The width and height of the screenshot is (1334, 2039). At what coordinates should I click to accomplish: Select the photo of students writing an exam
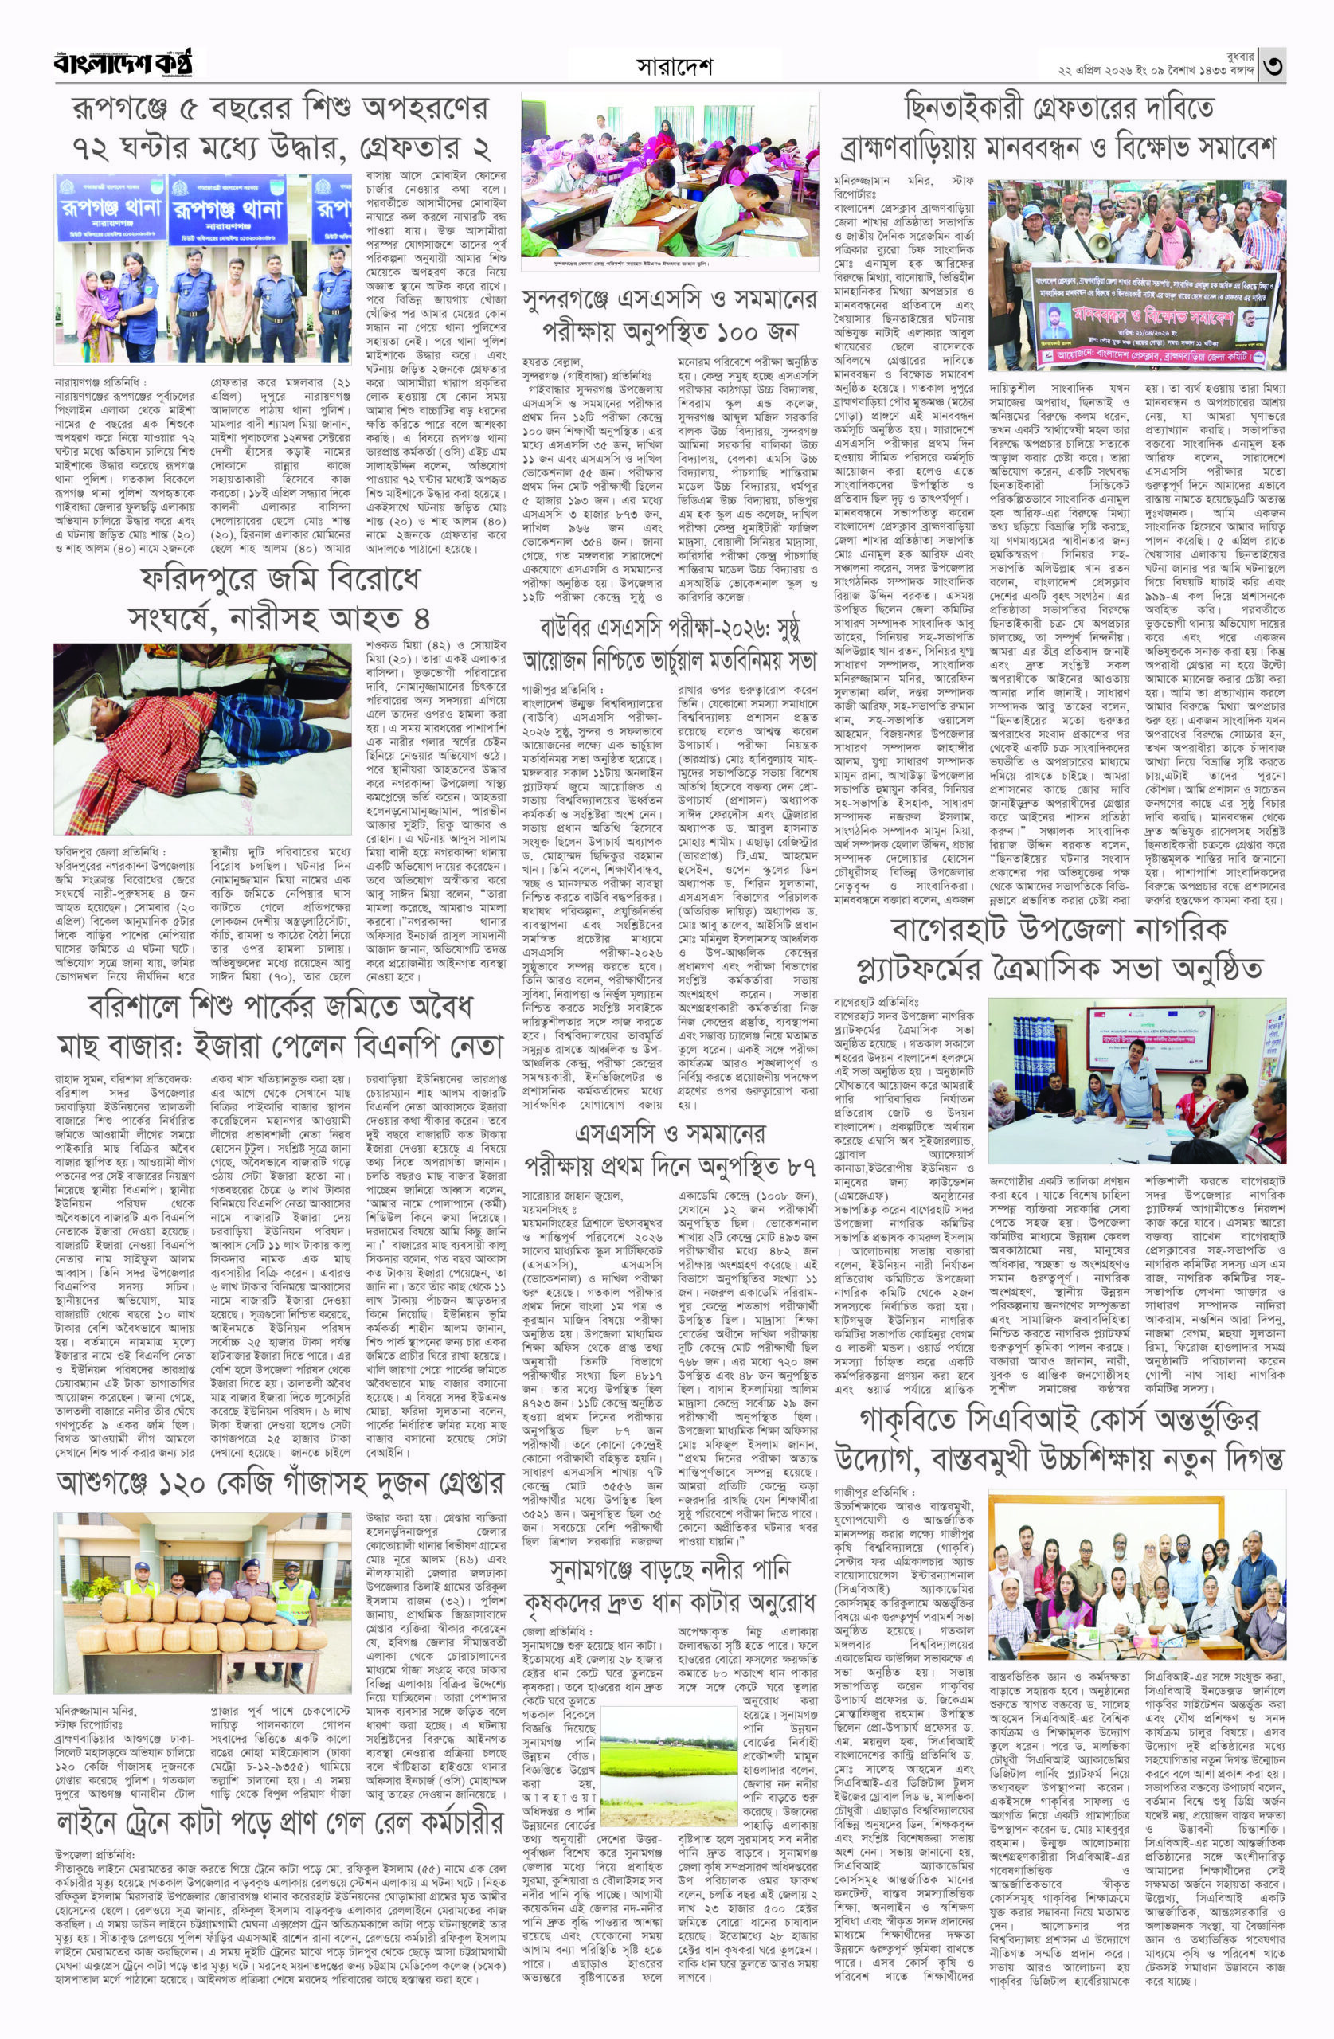coord(670,183)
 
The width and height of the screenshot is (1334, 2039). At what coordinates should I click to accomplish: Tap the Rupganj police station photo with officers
coord(200,268)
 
